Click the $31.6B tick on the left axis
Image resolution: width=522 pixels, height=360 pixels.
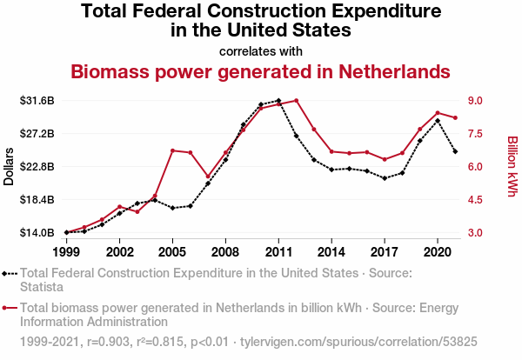pos(37,101)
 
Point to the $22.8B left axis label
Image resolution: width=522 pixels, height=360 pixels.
pos(37,166)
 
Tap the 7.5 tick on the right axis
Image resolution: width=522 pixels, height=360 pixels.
pos(475,134)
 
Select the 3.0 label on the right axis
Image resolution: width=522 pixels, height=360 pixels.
pos(475,232)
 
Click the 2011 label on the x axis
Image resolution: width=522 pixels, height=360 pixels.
pos(278,252)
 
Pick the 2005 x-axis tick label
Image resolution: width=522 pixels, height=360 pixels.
pos(172,252)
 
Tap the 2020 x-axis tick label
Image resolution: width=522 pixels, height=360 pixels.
pos(438,252)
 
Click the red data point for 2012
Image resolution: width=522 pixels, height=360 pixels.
pos(297,101)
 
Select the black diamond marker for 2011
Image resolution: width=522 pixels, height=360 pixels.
pos(278,101)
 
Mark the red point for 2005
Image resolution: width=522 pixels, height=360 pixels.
pos(172,150)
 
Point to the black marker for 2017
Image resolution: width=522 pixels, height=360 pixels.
pos(385,178)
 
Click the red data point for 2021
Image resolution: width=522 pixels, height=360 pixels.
pos(455,117)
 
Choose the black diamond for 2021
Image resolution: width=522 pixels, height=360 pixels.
pos(455,151)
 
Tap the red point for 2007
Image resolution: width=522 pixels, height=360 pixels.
pos(208,177)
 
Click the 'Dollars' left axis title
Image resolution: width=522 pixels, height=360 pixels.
pos(9,166)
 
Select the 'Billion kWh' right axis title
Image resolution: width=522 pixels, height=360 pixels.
pos(512,166)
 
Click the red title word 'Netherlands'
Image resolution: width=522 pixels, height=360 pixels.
pos(394,71)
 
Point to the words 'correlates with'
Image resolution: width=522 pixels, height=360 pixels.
pos(261,51)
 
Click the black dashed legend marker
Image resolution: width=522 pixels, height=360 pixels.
pos(10,274)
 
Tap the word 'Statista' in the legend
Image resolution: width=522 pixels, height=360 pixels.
pos(42,287)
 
